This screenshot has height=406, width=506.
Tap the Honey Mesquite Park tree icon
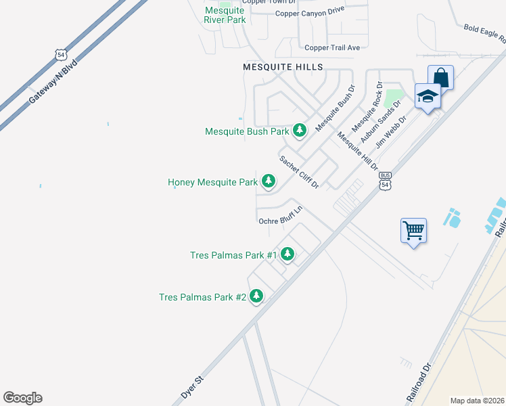[x=269, y=181]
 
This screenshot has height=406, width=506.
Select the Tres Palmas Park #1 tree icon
[x=287, y=254]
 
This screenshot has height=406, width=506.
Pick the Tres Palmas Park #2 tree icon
[x=256, y=296]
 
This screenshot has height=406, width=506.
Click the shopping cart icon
[x=413, y=231]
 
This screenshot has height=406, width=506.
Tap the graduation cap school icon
[x=428, y=97]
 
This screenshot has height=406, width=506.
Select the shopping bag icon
[x=440, y=77]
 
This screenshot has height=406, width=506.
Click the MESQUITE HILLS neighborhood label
[x=283, y=67]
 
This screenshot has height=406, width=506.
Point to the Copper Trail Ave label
[x=332, y=47]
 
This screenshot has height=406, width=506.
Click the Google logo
[x=23, y=397]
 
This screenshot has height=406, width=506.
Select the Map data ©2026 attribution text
[x=477, y=401]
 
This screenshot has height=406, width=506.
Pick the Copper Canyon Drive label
[x=310, y=12]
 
